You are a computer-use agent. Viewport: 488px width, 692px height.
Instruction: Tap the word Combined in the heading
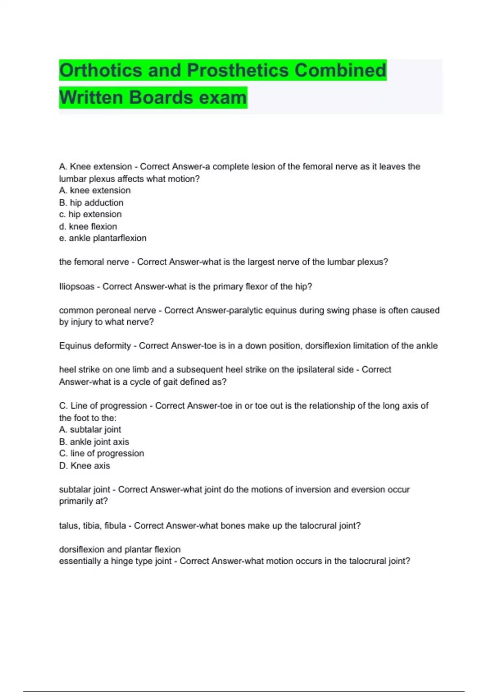click(x=340, y=70)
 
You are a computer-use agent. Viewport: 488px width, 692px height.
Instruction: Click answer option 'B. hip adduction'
click(x=91, y=203)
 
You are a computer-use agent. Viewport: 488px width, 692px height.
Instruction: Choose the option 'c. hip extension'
click(x=90, y=215)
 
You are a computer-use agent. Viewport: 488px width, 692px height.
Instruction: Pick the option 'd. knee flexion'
click(x=88, y=226)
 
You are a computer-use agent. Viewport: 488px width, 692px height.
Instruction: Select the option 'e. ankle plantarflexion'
click(x=102, y=238)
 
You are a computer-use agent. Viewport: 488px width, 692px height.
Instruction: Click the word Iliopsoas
click(x=76, y=287)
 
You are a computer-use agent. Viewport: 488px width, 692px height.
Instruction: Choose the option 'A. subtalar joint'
click(x=90, y=429)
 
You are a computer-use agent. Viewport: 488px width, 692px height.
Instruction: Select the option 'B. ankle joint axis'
click(x=94, y=442)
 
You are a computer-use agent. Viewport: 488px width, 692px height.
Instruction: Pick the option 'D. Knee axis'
click(x=85, y=466)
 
